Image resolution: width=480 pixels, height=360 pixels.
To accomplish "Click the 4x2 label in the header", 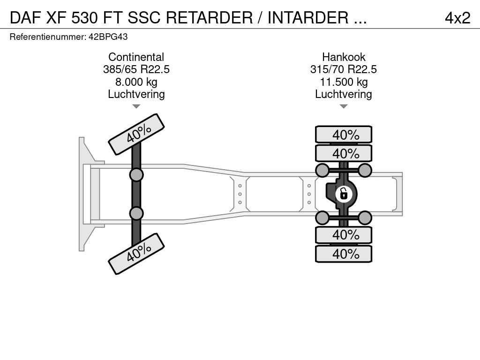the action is click(457, 18).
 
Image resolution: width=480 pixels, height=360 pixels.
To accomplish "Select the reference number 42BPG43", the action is click(108, 37).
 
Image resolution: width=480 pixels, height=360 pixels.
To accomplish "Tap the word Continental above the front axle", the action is click(136, 57).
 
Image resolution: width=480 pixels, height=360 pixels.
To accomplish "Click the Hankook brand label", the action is click(344, 57).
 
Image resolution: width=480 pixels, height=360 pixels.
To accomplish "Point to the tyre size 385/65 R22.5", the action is click(136, 69).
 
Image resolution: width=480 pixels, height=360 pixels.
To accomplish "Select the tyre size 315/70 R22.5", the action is click(344, 69).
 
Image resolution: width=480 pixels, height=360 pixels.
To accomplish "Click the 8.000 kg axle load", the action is click(136, 82).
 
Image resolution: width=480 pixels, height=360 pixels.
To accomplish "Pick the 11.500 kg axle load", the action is click(344, 82).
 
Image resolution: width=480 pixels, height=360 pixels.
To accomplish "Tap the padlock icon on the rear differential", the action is click(344, 194).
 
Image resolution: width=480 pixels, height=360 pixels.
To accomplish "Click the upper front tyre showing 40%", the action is click(136, 134).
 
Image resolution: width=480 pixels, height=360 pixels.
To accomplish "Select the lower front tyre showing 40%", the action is click(136, 254).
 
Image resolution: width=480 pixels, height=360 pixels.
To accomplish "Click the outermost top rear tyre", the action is click(344, 135).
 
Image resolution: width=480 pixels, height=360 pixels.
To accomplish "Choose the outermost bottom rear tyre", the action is click(344, 254).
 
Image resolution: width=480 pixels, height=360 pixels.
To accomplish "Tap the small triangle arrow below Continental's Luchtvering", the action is click(136, 106).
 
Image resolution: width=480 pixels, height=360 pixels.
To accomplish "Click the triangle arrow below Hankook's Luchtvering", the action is click(344, 106).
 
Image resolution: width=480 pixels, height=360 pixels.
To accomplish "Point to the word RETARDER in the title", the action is click(210, 18).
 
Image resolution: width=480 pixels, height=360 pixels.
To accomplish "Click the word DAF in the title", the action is click(26, 18).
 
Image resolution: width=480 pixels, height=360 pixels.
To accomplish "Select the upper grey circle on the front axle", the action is click(136, 175).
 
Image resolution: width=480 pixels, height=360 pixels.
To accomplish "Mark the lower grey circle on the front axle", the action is click(136, 213).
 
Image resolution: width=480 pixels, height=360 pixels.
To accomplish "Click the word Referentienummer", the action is click(48, 37).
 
